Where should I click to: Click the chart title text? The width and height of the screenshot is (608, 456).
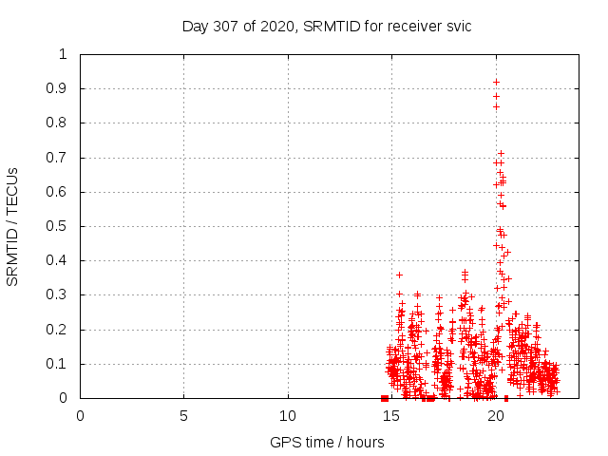coord(327,26)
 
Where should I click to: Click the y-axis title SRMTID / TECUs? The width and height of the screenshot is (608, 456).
coord(13,226)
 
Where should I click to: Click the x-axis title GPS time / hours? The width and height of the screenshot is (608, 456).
coord(327,442)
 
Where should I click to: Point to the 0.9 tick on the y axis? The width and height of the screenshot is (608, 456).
coord(61,88)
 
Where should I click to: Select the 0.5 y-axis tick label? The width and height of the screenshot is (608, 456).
coord(61,226)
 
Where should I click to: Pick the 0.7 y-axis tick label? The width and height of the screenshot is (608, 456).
coord(61,158)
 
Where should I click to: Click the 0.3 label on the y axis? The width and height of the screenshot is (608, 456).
coord(61,295)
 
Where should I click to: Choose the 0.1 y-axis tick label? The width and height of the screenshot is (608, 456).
coord(61,364)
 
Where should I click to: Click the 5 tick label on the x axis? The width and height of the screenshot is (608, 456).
coord(183,415)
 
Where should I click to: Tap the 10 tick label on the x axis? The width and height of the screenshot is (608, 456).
coord(288,415)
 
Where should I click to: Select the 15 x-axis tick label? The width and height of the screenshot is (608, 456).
coord(391,415)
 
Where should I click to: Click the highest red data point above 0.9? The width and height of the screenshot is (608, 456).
coord(496,82)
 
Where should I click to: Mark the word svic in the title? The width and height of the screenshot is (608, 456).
coord(457,26)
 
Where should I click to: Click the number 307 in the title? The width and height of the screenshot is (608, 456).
coord(235,26)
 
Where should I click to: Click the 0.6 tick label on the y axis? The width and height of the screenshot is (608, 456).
coord(61,192)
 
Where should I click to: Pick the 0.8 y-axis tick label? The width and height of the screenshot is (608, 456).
coord(61,123)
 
